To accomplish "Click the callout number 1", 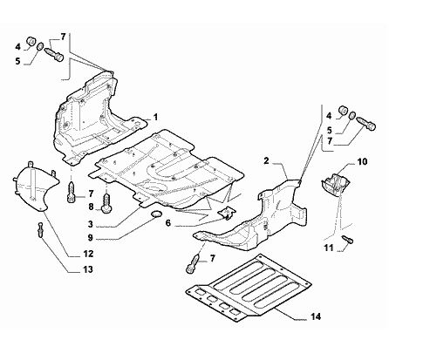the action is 155,118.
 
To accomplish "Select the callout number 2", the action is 266,160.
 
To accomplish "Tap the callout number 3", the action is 91,224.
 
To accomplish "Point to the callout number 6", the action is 168,223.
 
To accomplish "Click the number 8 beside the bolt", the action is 91,207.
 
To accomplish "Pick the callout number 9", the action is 91,238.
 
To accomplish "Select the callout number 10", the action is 362,161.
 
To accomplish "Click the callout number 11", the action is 329,248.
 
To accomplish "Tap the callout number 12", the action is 88,254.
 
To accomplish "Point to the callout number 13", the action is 88,269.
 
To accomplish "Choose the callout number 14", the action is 316,316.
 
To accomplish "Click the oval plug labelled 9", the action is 156,214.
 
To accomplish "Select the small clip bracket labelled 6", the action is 227,213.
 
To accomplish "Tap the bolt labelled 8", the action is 106,203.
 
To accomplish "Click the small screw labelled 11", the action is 348,239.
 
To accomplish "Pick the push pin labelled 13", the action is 40,229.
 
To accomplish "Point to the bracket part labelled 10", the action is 336,184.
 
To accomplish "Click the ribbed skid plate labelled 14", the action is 248,288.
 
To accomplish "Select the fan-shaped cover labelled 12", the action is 36,186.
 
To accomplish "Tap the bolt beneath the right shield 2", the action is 193,263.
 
